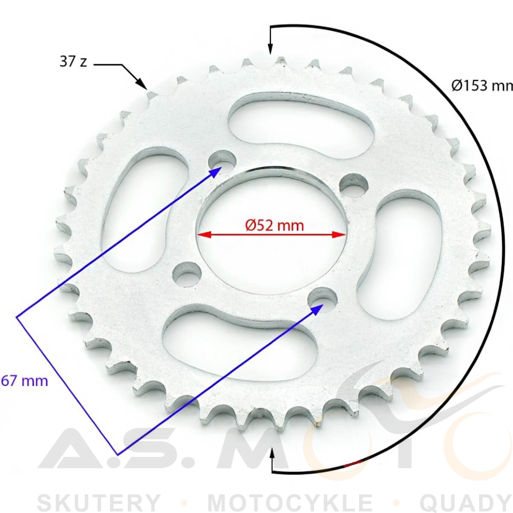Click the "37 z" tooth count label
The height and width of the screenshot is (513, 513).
73,62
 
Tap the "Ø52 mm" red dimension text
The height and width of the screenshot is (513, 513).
274,225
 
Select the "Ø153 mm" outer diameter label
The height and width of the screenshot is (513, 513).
482,86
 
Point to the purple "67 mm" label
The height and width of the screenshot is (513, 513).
24,381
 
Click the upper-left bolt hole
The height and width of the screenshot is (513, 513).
222,161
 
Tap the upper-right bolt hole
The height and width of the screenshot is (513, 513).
354,185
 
